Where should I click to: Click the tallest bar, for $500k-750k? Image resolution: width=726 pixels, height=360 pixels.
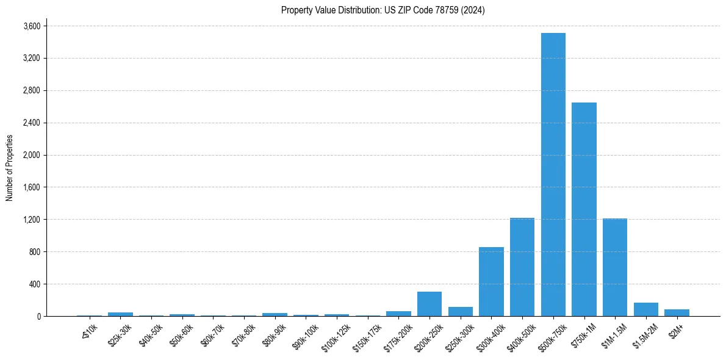tap(553, 175)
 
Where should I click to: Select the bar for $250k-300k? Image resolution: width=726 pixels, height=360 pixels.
tap(461, 311)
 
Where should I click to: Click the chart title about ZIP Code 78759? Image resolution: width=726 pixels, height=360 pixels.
tap(383, 10)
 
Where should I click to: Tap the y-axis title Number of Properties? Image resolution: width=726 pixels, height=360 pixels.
tap(10, 168)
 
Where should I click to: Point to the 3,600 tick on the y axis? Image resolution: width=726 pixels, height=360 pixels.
tap(32, 26)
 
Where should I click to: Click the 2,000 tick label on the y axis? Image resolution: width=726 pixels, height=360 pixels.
tap(32, 155)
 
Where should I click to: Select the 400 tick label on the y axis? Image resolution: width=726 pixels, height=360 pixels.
tap(35, 284)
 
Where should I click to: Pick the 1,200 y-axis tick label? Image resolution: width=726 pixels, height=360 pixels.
tap(32, 220)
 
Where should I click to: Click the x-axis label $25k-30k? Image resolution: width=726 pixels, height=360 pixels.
tap(120, 335)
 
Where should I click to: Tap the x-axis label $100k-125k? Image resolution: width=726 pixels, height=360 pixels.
tap(336, 336)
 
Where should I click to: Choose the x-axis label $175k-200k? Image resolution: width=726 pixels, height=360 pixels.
tap(397, 336)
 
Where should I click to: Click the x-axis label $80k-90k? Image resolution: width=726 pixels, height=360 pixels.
tap(274, 335)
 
